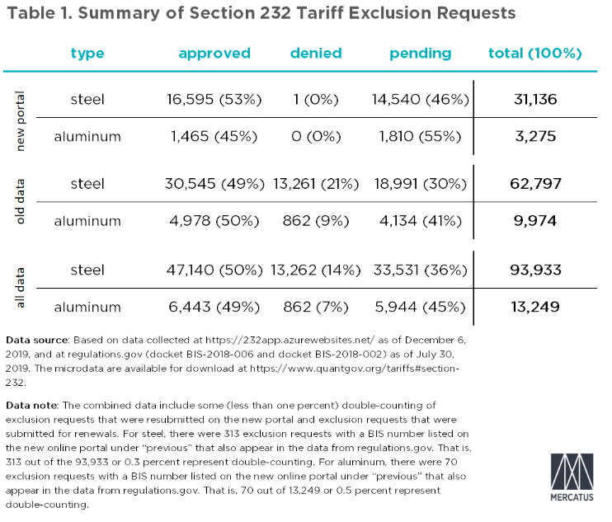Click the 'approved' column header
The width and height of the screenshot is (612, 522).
[214, 54]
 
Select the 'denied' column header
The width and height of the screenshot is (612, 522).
[315, 54]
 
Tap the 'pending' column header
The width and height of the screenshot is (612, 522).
[421, 54]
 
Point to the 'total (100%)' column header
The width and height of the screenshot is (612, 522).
[535, 54]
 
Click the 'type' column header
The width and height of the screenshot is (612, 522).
[87, 54]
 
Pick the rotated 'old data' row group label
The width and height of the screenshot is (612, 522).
[23, 202]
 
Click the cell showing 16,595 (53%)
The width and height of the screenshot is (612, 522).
[214, 100]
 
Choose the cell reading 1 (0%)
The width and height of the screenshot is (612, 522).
[315, 100]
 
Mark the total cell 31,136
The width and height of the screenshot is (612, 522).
[535, 100]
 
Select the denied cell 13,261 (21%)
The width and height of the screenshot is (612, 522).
[315, 184]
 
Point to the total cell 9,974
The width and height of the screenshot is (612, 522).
[535, 220]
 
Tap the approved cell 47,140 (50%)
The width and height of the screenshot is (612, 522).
[214, 269]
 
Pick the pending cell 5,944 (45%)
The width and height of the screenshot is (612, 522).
[421, 306]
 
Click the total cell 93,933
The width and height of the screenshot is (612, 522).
[535, 269]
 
